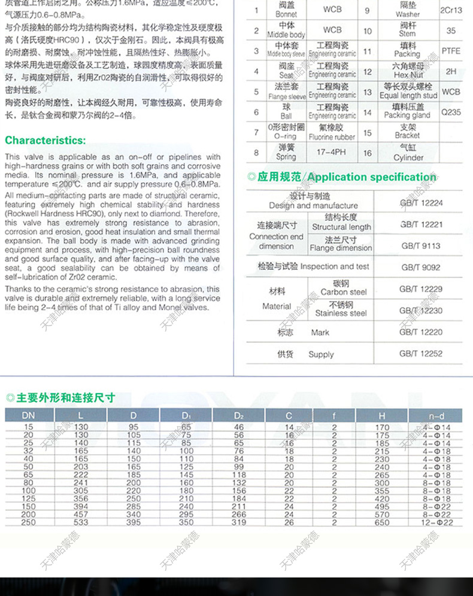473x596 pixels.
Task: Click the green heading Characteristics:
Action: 46,141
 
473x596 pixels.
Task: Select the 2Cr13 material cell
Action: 451,10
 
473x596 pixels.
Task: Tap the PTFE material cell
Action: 451,51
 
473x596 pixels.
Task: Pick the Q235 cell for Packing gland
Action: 451,111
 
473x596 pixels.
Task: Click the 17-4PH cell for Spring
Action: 332,153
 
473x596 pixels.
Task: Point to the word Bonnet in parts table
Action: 286,14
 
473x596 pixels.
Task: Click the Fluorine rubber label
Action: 332,137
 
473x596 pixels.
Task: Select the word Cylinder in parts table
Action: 408,158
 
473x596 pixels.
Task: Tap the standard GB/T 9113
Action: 421,246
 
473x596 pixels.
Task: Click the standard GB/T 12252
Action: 421,354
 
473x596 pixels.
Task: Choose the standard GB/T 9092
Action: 421,267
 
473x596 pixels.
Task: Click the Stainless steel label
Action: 341,313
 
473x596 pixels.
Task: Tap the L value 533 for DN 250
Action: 81,522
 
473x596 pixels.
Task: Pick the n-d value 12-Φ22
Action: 436,522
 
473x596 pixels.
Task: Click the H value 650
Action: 381,522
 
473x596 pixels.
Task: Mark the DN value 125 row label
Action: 28,498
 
